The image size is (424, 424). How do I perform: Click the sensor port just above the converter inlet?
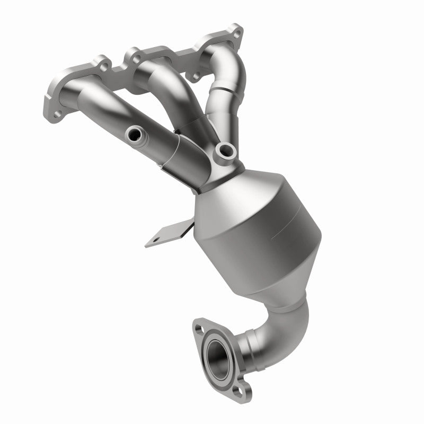click(227, 151)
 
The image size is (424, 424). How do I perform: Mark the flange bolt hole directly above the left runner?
click(103, 67)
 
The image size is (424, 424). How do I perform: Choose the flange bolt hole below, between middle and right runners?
click(198, 77)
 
